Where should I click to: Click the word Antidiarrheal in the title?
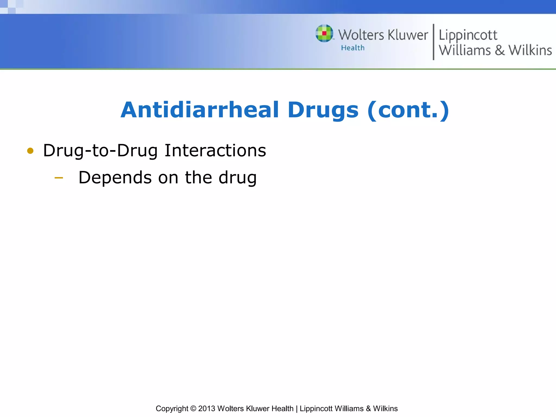click(x=200, y=110)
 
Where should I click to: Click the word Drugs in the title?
click(x=323, y=110)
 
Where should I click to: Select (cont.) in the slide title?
click(x=408, y=110)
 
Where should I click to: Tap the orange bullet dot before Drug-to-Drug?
click(x=30, y=151)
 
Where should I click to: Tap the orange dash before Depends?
click(x=59, y=178)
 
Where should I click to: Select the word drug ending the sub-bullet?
click(x=238, y=178)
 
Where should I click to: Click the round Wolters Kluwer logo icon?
click(x=324, y=33)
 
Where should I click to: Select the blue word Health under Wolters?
click(x=353, y=48)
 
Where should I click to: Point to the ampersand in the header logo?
click(x=500, y=50)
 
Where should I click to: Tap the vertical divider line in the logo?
click(x=433, y=42)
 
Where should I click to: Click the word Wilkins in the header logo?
click(x=530, y=50)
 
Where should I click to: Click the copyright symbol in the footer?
click(x=193, y=409)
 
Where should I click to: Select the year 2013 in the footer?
click(x=207, y=409)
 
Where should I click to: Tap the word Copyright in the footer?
click(x=172, y=409)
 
